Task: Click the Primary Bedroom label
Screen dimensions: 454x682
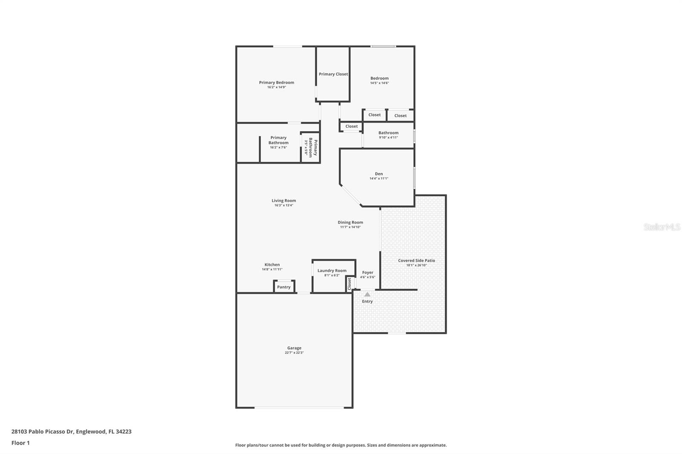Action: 276,83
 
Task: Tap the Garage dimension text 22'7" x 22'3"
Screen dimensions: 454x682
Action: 294,353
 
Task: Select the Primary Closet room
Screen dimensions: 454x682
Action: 333,74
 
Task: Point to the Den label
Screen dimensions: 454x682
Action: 379,174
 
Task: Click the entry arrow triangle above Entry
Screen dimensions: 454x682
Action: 367,294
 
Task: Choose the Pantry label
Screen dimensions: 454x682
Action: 284,287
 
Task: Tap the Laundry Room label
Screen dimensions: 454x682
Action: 332,270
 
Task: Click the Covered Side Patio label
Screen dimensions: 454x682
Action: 416,261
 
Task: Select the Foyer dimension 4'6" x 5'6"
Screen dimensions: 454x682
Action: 367,277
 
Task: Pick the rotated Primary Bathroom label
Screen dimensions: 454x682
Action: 313,147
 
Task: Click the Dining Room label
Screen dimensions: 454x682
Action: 350,222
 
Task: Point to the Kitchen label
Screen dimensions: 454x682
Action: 272,264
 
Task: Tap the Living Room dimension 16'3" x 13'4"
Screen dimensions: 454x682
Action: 283,205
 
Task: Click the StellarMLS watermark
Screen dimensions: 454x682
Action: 662,227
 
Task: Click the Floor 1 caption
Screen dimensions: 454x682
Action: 20,443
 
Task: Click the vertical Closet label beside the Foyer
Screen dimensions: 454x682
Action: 350,284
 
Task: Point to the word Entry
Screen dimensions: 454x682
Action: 367,302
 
